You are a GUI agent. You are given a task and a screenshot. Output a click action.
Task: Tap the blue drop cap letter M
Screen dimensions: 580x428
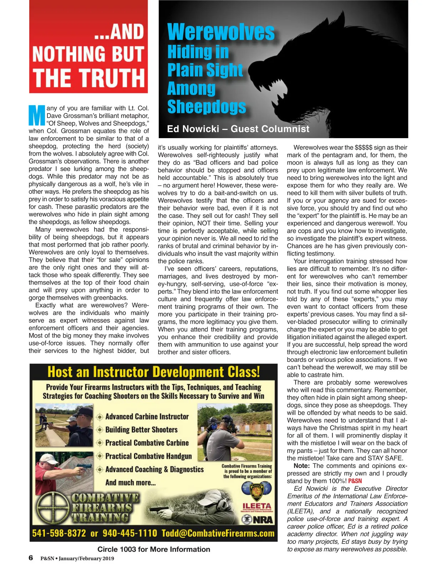[x=37, y=115]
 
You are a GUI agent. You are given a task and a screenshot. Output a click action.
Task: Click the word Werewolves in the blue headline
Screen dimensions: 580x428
[x=221, y=32]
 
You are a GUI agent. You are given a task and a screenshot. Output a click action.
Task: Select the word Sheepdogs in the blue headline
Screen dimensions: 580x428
[x=207, y=107]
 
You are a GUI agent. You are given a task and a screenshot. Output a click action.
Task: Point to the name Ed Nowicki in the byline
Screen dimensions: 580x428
[x=193, y=129]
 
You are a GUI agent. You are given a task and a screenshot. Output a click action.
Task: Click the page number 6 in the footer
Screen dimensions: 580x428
[x=31, y=558]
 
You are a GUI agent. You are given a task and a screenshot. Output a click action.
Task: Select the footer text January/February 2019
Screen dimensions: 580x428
[x=86, y=558]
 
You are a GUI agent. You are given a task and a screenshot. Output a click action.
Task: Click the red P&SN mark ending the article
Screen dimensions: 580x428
[x=355, y=481]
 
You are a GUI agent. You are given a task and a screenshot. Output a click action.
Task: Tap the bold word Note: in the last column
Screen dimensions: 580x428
[x=302, y=466]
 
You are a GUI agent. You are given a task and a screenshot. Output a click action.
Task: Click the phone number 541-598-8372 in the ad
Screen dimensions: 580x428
[x=59, y=533]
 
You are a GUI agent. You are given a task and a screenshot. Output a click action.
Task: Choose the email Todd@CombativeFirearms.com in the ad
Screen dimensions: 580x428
[x=218, y=533]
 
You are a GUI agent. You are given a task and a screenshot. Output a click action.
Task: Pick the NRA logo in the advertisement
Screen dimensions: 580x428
[x=258, y=520]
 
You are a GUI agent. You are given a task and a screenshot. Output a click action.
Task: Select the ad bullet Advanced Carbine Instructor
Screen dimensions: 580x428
[x=147, y=417]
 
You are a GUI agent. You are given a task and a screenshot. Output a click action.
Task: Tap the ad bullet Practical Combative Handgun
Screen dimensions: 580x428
[x=148, y=456]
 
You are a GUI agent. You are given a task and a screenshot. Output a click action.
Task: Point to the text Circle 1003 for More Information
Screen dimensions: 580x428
[x=154, y=549]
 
